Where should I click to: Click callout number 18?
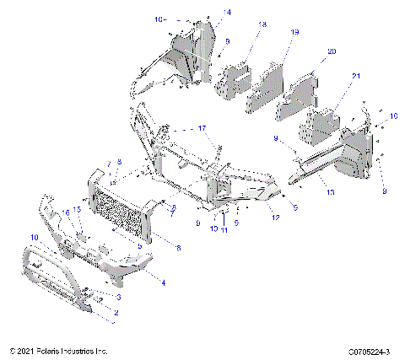click(x=263, y=26)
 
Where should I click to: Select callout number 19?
click(x=294, y=32)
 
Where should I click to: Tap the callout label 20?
click(x=331, y=52)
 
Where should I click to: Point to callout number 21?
click(x=355, y=77)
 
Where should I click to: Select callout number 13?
click(x=331, y=193)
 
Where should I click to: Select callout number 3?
click(x=119, y=298)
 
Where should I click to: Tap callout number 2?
click(x=116, y=313)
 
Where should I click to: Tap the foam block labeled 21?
click(x=321, y=125)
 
